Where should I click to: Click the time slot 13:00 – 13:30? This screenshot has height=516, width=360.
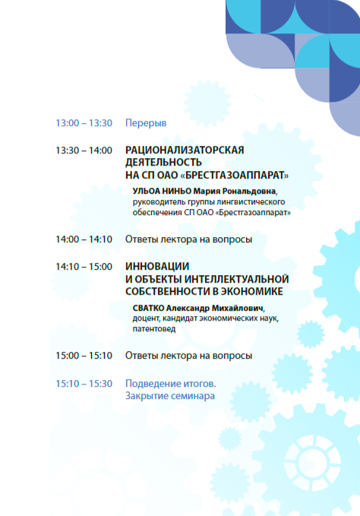point(84,123)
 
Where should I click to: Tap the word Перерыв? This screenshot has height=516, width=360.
point(146,123)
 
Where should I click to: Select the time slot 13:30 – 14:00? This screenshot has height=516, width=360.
point(84,150)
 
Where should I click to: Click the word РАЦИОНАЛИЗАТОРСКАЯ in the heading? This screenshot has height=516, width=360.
point(185,150)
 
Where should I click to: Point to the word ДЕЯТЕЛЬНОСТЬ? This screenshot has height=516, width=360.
point(163,163)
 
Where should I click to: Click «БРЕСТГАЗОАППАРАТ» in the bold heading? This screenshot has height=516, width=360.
point(235,175)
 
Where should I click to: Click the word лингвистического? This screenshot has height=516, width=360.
point(251,202)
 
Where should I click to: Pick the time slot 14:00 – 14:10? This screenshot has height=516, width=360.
point(84,239)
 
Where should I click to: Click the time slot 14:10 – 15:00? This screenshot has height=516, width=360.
point(84,267)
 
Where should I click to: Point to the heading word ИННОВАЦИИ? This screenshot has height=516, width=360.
point(157,266)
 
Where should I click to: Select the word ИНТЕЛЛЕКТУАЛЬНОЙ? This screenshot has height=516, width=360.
point(236,279)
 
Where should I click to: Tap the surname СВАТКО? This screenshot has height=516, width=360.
point(148,308)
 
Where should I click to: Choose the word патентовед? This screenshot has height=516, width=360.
point(154,329)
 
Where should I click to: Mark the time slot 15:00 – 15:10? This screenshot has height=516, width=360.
point(84,356)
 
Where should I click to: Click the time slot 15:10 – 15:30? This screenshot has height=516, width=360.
point(84,384)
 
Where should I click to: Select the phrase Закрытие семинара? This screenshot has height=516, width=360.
point(170,396)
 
